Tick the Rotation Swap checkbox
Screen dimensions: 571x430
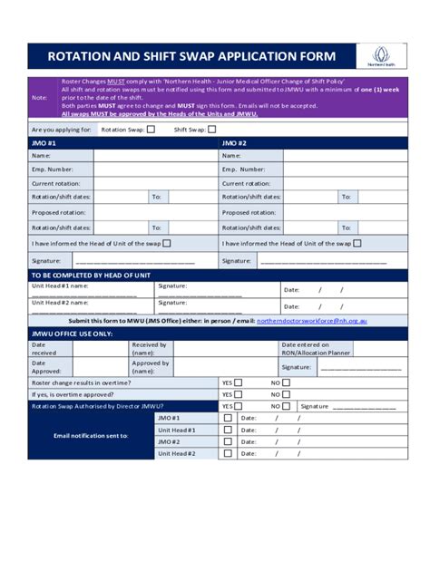(151, 129)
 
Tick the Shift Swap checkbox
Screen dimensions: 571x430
(211, 129)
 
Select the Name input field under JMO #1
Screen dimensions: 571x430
(155, 156)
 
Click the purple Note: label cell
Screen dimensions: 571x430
(41, 98)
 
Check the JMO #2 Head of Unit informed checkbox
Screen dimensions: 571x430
(357, 243)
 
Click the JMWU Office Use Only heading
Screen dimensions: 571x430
(73, 334)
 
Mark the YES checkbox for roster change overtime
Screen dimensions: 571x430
(239, 382)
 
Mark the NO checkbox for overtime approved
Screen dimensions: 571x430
(286, 394)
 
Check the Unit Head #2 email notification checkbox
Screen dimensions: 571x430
(228, 453)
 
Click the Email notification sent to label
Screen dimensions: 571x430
(91, 436)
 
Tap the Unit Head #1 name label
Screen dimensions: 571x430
(60, 285)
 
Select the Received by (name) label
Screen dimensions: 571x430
(150, 349)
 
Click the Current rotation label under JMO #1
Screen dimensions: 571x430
(56, 183)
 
